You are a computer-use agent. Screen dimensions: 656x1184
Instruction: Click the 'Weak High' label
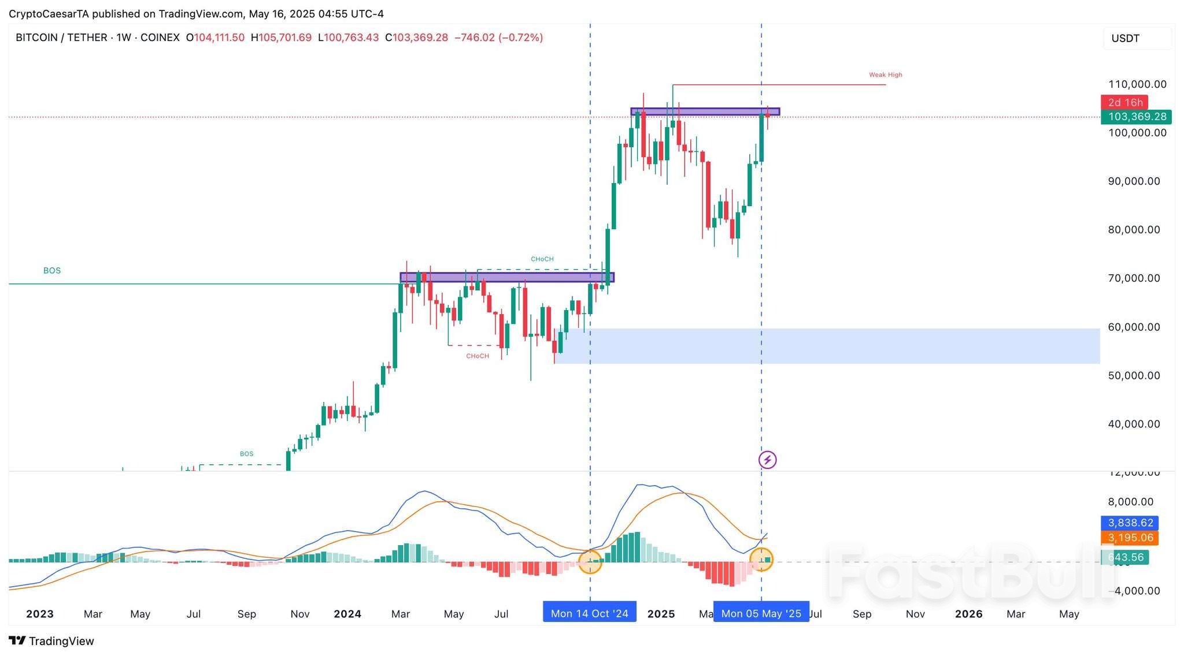885,74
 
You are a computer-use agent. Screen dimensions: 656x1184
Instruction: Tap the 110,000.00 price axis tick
1137,84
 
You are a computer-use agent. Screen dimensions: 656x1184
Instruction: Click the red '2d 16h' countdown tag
1125,102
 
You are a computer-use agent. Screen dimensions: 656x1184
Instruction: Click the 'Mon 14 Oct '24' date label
589,613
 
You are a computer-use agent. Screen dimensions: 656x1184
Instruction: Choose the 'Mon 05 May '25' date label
761,613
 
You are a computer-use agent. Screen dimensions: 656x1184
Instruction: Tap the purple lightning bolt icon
767,460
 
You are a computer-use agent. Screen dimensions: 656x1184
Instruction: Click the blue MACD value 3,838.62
1130,523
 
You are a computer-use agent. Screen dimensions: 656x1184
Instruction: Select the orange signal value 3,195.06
1130,538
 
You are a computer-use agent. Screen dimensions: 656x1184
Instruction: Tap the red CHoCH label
478,356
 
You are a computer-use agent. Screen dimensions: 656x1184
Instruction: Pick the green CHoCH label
542,259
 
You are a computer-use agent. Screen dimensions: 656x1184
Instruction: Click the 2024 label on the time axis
347,614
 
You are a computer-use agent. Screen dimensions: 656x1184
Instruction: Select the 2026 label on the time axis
968,614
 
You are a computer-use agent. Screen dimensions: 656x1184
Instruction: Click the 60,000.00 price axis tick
1134,327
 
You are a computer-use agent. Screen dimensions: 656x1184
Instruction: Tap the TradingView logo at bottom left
51,641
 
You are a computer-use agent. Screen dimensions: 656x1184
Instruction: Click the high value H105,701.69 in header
281,38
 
